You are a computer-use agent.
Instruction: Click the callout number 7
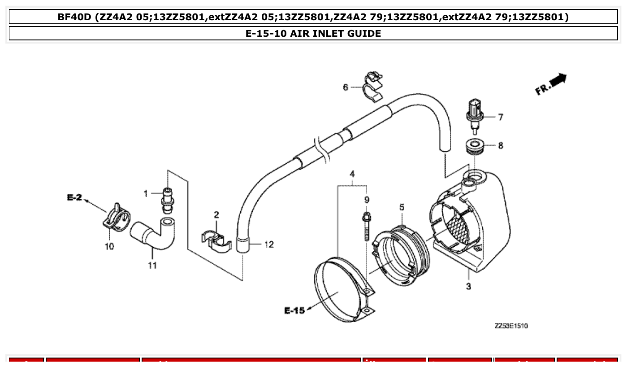(500, 117)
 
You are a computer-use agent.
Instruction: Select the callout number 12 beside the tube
(269, 245)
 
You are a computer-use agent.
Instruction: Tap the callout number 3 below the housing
(468, 286)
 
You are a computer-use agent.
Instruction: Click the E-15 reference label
(294, 310)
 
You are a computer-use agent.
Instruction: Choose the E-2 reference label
(75, 197)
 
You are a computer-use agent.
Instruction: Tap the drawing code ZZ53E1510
(511, 326)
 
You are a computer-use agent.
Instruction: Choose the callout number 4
(352, 174)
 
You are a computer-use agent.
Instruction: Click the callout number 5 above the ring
(402, 207)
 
